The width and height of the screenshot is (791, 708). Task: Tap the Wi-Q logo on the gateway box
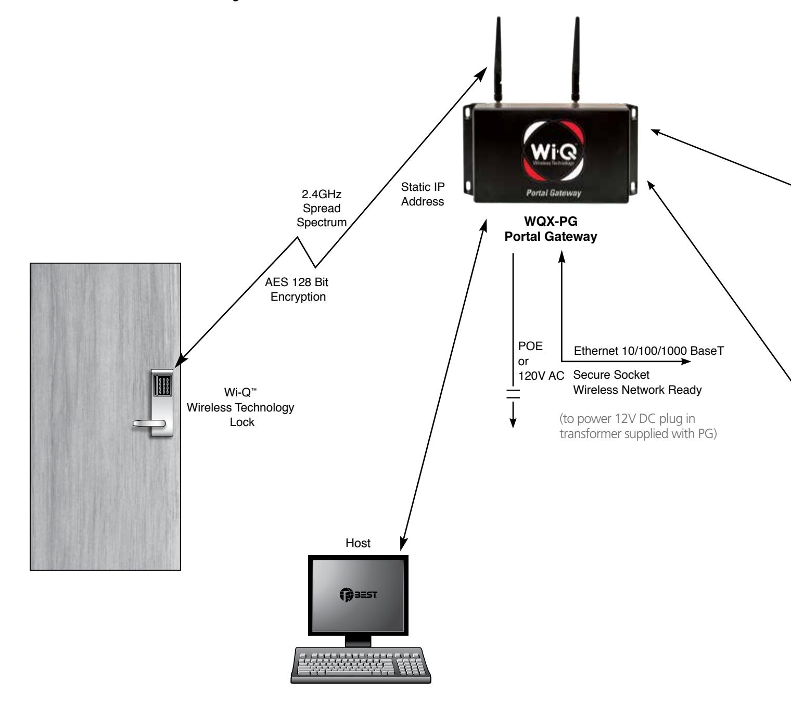click(553, 151)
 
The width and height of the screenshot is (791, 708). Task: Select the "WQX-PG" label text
click(551, 221)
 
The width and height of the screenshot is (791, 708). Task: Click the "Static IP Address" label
click(423, 195)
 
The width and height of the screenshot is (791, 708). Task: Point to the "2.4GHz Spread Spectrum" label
click(321, 208)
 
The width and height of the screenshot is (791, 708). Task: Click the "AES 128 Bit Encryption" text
click(297, 289)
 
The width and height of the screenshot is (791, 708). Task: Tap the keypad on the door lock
click(162, 385)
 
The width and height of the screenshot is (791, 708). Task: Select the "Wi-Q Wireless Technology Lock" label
click(240, 407)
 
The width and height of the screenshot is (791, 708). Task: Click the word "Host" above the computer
click(358, 543)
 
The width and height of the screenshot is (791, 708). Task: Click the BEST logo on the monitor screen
click(358, 595)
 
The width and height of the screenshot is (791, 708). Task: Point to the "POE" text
click(530, 346)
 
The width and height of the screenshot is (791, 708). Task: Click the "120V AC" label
click(541, 376)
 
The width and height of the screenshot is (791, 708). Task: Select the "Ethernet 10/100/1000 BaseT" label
click(649, 351)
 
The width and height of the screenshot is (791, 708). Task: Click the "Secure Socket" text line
click(611, 375)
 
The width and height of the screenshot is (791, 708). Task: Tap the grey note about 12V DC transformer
click(638, 426)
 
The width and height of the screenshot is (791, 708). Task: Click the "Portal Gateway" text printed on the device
click(553, 193)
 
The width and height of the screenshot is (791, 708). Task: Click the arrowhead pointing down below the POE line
click(513, 423)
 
